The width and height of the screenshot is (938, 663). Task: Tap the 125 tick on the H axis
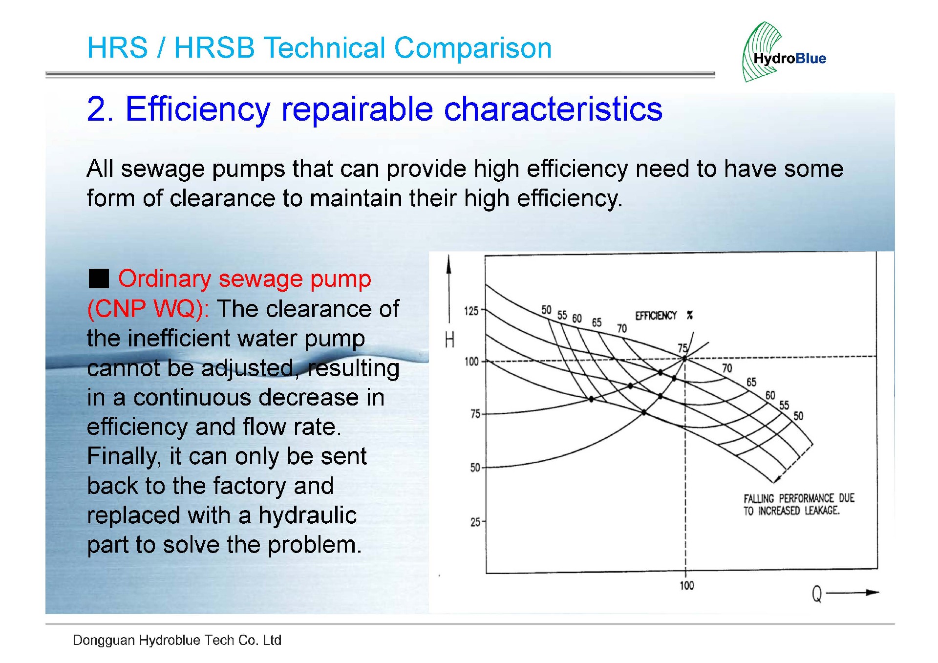click(472, 311)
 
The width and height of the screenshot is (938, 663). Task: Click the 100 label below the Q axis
click(686, 585)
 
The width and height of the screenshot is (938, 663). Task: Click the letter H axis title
click(449, 340)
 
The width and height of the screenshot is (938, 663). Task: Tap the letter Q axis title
click(817, 594)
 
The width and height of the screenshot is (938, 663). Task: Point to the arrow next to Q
click(853, 593)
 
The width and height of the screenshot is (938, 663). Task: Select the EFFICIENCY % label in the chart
click(663, 316)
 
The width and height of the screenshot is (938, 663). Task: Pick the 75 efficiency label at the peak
click(682, 348)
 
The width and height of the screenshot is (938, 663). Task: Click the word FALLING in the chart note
click(759, 499)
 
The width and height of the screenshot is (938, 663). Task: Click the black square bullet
click(99, 279)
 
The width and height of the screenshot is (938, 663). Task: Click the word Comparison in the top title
click(472, 48)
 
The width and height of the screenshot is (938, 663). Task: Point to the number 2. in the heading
click(100, 108)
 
